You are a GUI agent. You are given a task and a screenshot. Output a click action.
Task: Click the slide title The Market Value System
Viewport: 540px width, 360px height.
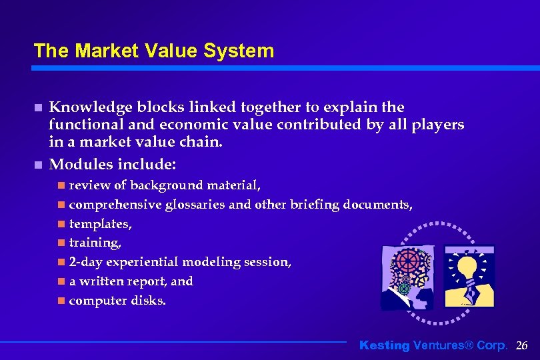pos(153,51)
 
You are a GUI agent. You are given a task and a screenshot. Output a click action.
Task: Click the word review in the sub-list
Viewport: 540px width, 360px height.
pos(89,185)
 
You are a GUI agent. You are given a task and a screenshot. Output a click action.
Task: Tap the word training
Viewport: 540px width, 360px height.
pos(94,243)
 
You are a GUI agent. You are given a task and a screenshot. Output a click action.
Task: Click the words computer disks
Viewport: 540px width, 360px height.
pos(117,301)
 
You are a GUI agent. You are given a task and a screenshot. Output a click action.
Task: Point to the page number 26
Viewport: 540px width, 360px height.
pos(522,345)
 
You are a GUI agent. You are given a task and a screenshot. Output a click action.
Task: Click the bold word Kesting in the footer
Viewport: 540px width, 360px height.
pos(385,345)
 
